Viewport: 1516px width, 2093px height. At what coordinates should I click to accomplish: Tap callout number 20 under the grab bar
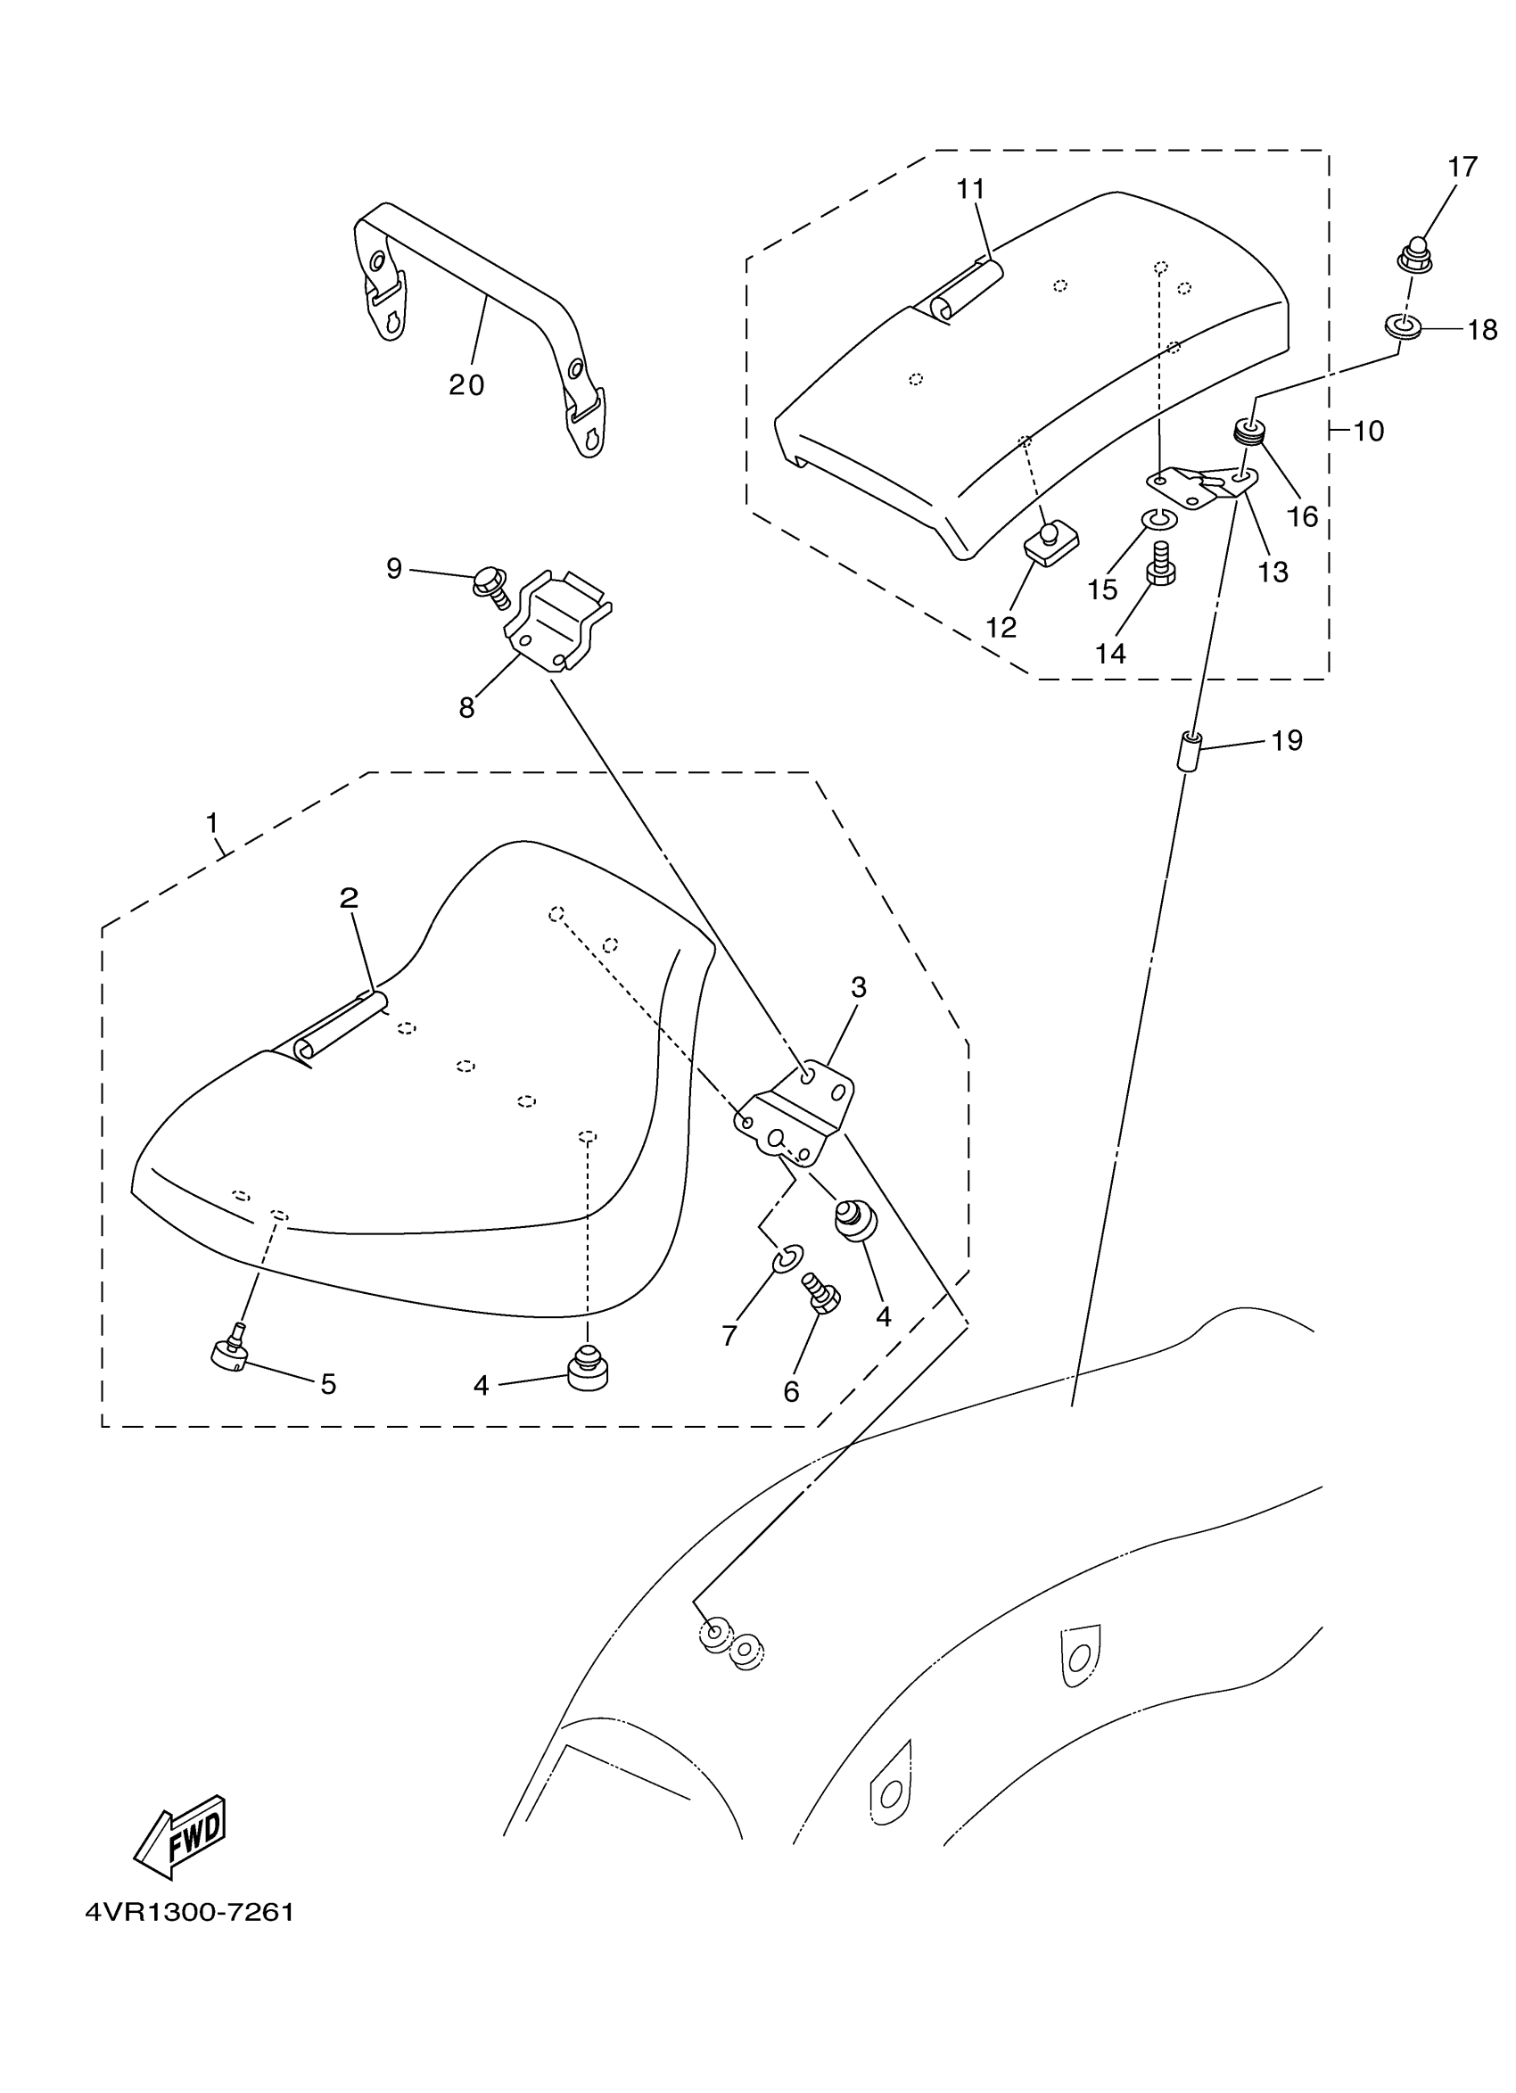pos(466,385)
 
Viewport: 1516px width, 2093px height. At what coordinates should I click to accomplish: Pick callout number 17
pos(1462,167)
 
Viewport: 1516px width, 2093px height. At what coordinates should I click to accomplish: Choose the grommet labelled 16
pos(1248,431)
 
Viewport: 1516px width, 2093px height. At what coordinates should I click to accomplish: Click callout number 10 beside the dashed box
pos(1368,431)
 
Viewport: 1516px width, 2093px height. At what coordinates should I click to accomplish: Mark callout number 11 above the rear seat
pos(970,189)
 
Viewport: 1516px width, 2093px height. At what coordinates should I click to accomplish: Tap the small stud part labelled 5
pos(230,1355)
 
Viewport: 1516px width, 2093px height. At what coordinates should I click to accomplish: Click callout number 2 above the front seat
pos(349,897)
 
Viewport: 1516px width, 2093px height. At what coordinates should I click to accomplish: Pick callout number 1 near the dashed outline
pos(212,821)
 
